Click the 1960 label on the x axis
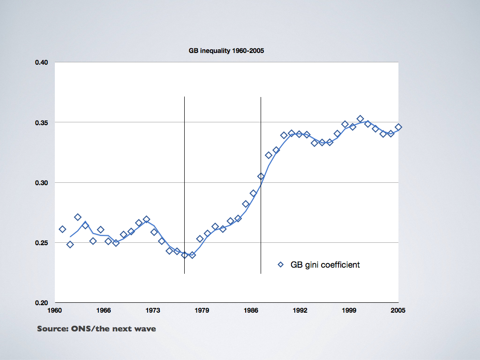[x=55, y=310]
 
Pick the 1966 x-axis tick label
[x=104, y=310]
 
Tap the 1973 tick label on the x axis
[x=153, y=310]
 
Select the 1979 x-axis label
[x=202, y=310]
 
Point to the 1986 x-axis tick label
[x=251, y=310]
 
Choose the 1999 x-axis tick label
[x=349, y=310]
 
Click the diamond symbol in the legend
[x=281, y=265]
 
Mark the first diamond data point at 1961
[x=62, y=229]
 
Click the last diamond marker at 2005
[x=398, y=127]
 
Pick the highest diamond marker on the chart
[x=360, y=119]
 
